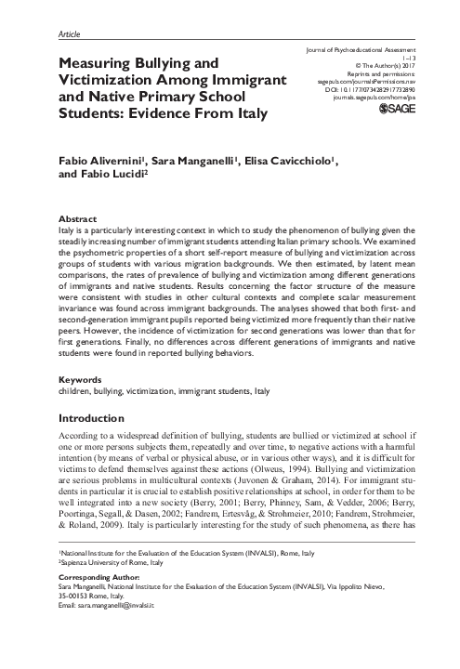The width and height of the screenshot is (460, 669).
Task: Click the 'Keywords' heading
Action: (82, 380)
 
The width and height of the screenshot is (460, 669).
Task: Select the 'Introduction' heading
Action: (94, 418)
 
